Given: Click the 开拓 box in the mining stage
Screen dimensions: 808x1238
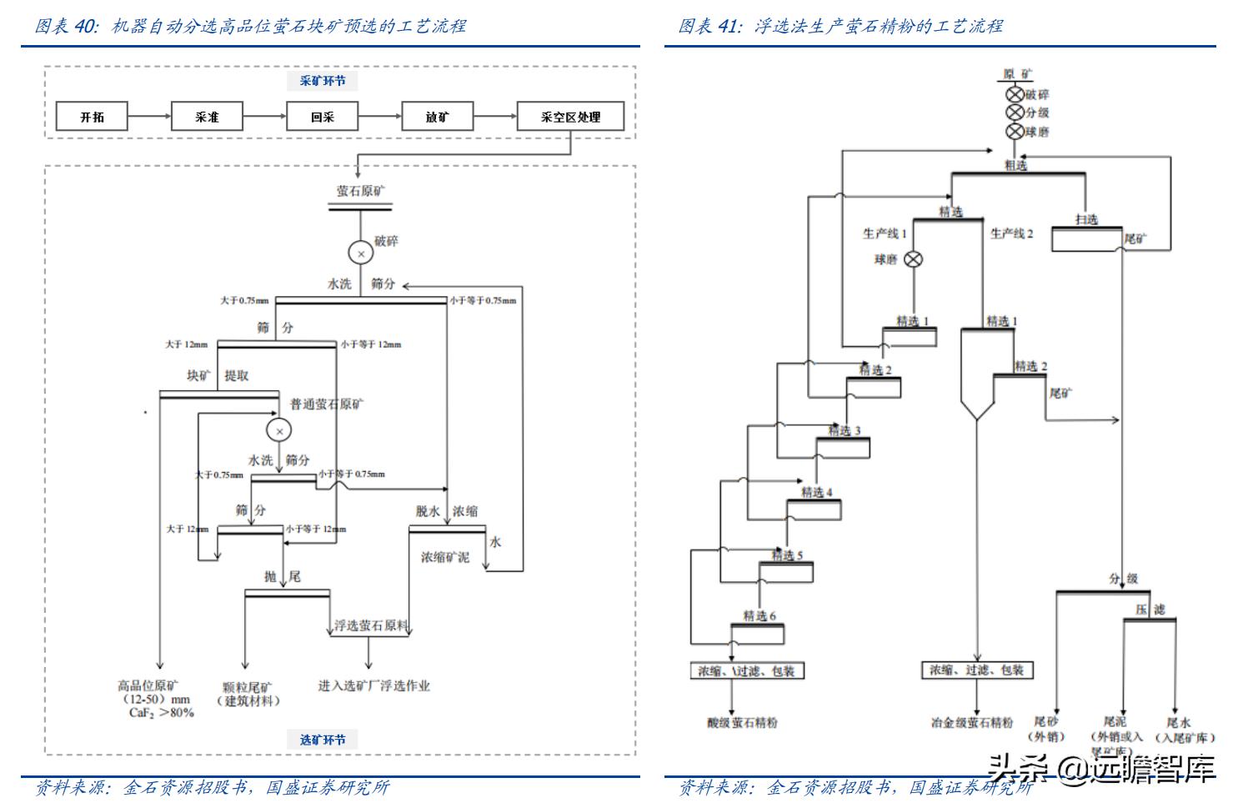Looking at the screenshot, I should pos(92,117).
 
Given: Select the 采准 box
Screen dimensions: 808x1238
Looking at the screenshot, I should pos(207,117).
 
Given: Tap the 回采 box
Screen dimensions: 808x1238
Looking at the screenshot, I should pos(322,117).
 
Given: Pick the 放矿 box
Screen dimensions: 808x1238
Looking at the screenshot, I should pos(437,117).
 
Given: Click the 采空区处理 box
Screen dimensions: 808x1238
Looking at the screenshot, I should pos(570,117).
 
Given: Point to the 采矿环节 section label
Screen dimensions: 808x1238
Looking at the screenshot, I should pos(323,81).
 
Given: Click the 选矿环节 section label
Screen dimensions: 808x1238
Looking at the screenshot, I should pos(323,740).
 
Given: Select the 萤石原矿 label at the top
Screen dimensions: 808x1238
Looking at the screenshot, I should pos(361,191).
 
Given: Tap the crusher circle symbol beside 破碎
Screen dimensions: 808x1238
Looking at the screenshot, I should pos(361,253).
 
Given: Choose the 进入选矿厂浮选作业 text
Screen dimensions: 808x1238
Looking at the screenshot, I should pos(373,685).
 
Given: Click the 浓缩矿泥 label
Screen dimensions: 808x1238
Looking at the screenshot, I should pos(444,557).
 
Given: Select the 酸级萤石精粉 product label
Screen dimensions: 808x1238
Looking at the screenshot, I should pos(742,723).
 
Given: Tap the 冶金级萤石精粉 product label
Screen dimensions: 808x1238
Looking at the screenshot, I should pos(972,723).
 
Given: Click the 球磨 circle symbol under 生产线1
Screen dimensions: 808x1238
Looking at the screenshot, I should pos(914,259).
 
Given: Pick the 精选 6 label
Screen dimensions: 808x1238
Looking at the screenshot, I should pos(759,615).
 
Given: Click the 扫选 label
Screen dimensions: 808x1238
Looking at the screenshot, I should pos(1086,219).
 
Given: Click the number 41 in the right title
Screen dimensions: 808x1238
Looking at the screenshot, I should pos(728,26).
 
